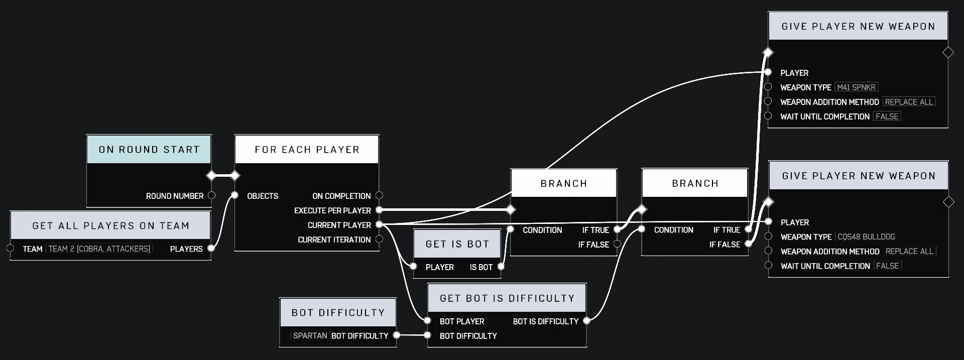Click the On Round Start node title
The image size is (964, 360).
coord(149,150)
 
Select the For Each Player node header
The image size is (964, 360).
coord(307,150)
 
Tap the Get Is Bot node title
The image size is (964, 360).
coord(457,244)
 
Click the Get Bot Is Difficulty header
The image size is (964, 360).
coord(507,298)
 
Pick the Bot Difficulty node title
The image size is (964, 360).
coord(338,312)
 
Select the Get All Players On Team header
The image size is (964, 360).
coord(110,226)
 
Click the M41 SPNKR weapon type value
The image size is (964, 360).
coord(856,87)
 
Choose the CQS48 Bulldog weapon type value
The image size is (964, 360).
coord(866,237)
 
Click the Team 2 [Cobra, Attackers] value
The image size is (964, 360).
coord(99,249)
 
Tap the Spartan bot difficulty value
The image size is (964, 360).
coord(310,335)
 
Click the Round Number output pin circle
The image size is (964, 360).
coord(211,195)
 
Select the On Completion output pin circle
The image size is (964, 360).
coord(379,195)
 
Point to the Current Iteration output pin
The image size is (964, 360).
coord(379,239)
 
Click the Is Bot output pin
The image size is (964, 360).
coord(501,267)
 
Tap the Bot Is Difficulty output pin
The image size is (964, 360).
coord(586,321)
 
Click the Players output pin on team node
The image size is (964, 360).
coord(211,248)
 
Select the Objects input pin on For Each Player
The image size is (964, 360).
coord(234,195)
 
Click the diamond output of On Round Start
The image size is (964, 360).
coord(211,176)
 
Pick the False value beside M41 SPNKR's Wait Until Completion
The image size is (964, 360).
coord(887,116)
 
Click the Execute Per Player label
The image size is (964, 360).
coord(332,210)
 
